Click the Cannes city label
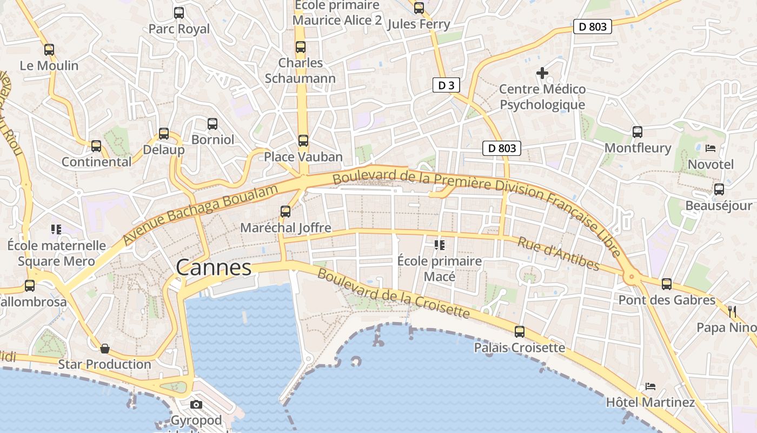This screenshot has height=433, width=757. tap(214, 267)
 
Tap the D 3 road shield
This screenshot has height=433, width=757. tap(446, 85)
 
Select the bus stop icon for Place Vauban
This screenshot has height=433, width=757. tap(303, 141)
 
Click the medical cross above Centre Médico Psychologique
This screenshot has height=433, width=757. tap(542, 73)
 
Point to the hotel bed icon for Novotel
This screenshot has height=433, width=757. tap(710, 148)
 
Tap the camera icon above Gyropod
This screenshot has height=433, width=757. tap(196, 404)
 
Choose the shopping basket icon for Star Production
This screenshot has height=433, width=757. tap(105, 348)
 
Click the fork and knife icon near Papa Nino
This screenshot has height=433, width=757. tap(733, 311)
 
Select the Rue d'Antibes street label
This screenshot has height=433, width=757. tap(559, 253)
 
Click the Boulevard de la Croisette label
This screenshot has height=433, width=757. tap(394, 293)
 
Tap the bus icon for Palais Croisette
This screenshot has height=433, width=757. tap(520, 331)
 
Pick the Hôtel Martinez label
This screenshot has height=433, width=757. tap(650, 402)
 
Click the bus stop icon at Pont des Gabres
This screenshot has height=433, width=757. tap(667, 284)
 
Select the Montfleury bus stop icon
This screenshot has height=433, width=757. tap(638, 132)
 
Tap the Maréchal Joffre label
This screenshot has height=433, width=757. tap(285, 228)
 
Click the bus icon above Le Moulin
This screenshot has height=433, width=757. tap(49, 49)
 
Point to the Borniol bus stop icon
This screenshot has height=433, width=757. tap(213, 123)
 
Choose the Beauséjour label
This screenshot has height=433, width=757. tap(719, 206)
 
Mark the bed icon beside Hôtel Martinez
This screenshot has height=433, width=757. tap(650, 386)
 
